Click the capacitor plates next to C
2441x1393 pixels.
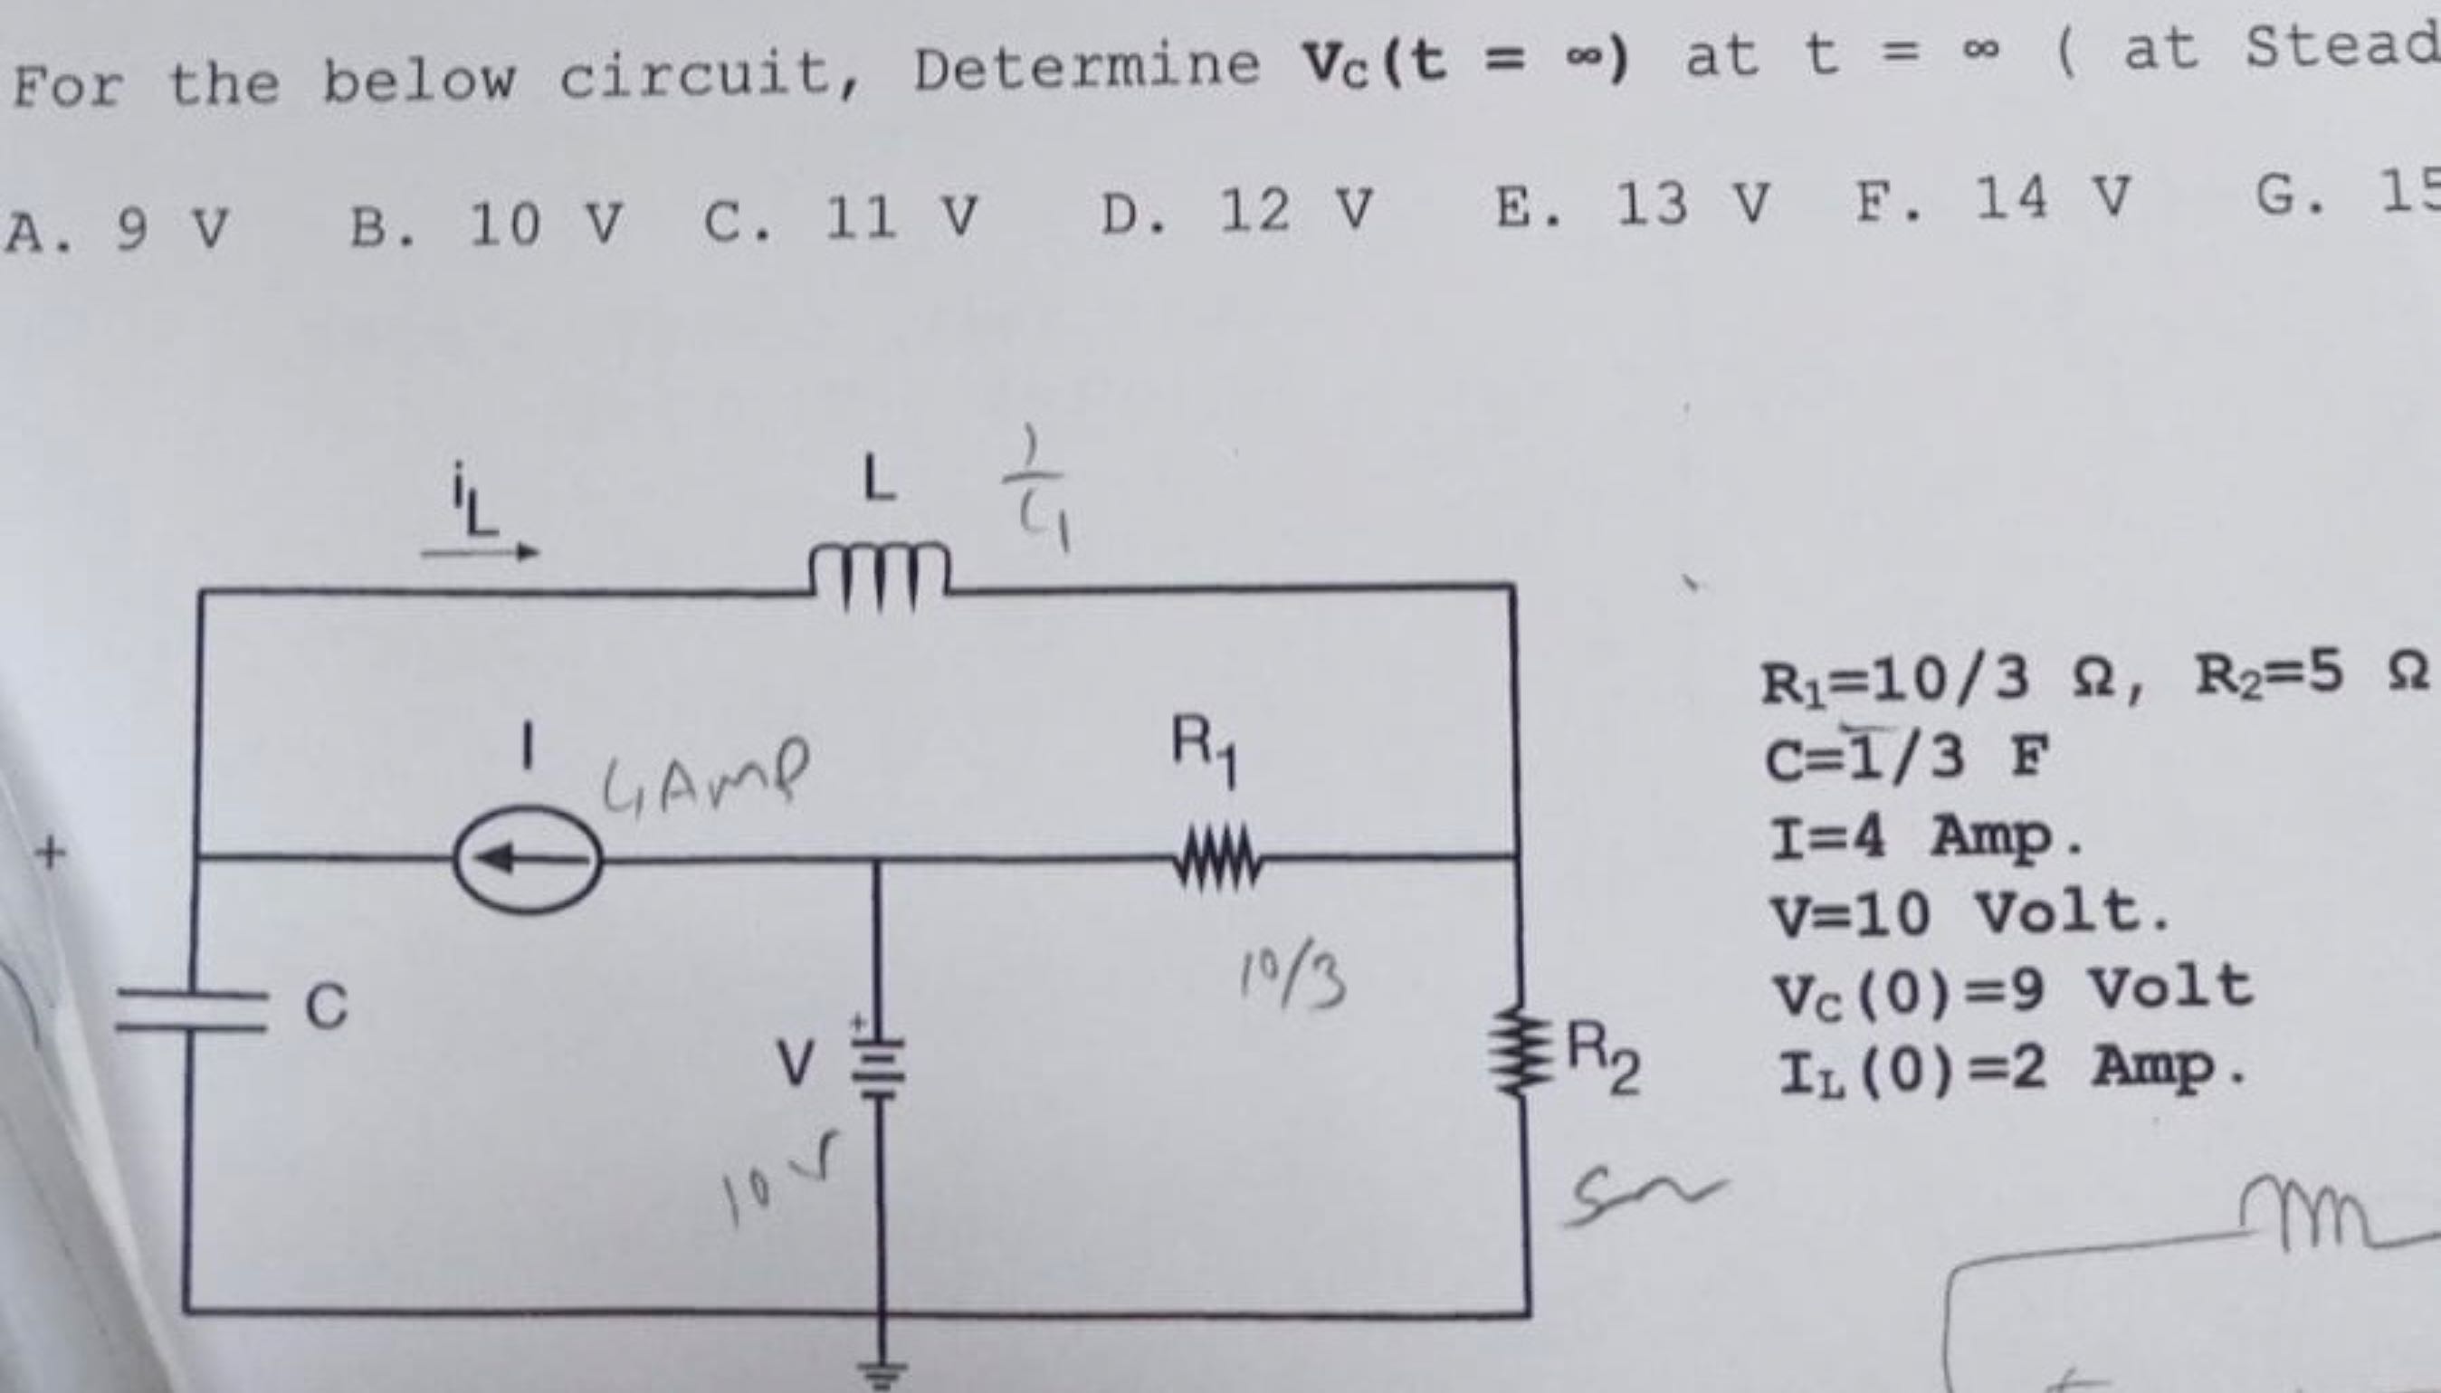coord(189,1010)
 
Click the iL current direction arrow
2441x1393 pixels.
coord(481,551)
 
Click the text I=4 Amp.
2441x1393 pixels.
coord(1922,837)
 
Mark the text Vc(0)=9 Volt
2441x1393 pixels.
coord(2008,988)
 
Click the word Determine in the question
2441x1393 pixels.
coord(1085,67)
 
